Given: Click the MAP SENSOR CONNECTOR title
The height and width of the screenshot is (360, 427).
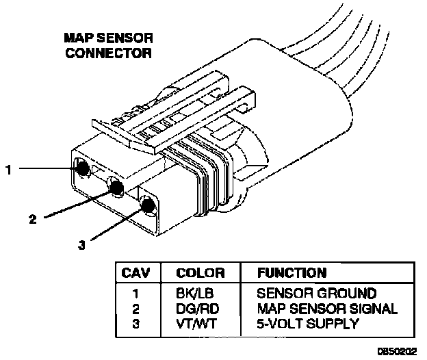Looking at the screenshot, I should (x=109, y=45).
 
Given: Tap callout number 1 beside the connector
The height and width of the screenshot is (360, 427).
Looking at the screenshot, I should (x=9, y=168).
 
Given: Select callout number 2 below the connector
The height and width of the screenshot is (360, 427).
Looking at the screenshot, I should (x=32, y=220).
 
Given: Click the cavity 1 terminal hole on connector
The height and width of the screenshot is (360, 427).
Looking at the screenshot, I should (x=81, y=167).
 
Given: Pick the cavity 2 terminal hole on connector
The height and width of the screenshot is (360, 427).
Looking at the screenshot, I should (x=116, y=185).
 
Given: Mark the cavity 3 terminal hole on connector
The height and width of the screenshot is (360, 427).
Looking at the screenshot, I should (x=147, y=204).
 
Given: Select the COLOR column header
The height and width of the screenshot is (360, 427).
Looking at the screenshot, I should (x=200, y=273).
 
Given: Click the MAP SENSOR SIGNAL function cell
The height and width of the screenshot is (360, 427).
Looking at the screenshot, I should (x=326, y=309).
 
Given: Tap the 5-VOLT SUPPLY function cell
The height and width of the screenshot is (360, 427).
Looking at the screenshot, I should (x=307, y=323).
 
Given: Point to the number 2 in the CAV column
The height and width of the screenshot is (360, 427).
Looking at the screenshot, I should (x=135, y=309).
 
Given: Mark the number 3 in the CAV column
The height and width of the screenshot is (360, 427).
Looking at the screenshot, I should (x=135, y=323).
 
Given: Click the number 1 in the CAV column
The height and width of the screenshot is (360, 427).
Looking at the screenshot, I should (x=135, y=294).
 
